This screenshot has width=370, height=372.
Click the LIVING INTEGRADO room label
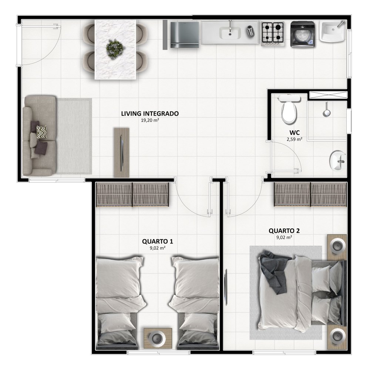click(150, 114)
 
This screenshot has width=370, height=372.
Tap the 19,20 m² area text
click(150, 120)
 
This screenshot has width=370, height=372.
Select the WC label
click(295, 133)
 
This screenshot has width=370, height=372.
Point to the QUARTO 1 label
click(158, 242)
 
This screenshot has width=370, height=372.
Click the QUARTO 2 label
click(284, 231)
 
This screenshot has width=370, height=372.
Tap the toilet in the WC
click(289, 109)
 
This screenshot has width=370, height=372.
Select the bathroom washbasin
click(337, 161)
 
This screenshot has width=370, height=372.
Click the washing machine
click(303, 34)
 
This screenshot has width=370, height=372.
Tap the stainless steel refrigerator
click(184, 34)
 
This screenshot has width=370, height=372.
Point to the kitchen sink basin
click(230, 33)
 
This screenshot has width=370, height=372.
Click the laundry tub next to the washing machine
click(332, 31)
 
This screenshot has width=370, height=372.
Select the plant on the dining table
click(115, 49)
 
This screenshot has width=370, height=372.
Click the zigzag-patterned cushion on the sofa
click(42, 132)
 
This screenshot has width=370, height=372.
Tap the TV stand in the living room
click(122, 153)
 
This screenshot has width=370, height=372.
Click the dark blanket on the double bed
click(275, 272)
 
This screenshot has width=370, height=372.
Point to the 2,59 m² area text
click(295, 139)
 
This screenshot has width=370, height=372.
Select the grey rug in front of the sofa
click(74, 136)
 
